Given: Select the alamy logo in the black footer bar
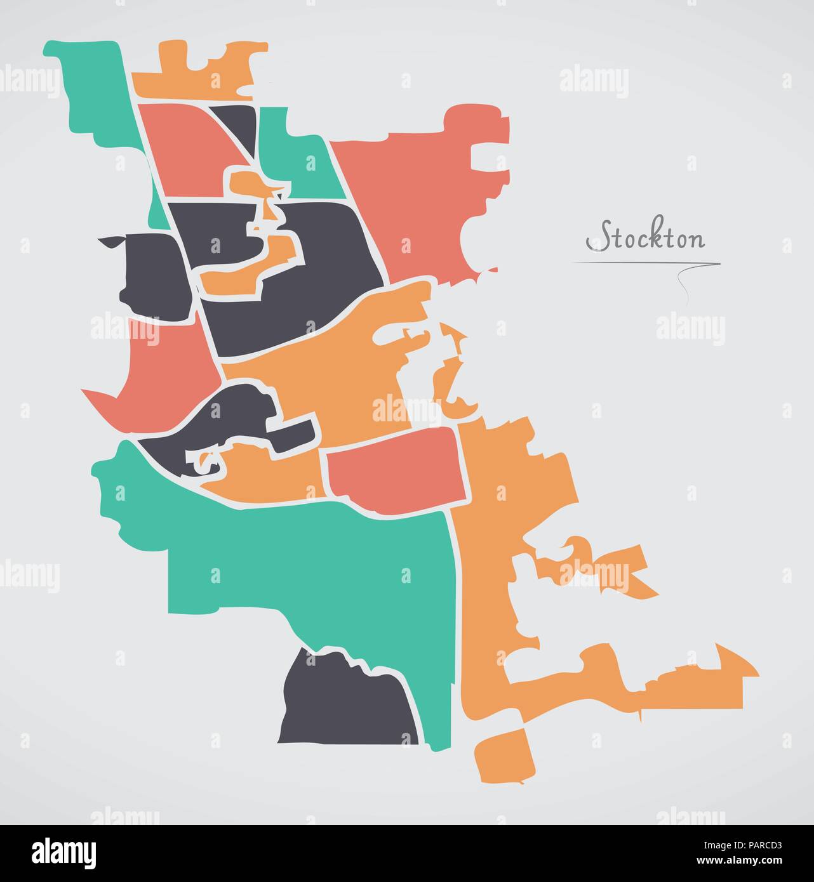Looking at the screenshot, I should pos(64,852).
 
